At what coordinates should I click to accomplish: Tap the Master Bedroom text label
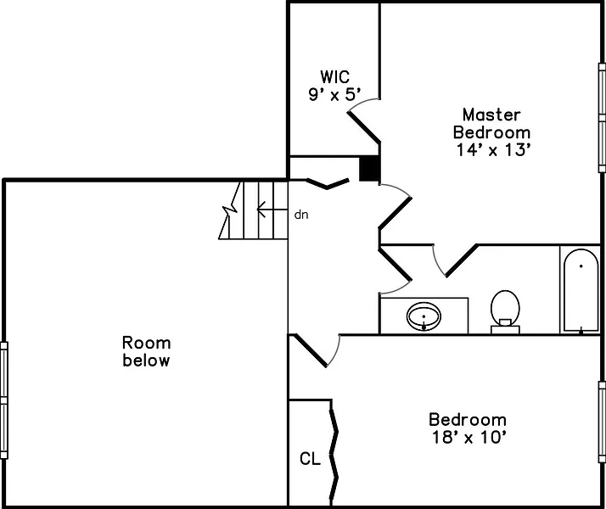491,123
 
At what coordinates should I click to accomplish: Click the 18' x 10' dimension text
468,438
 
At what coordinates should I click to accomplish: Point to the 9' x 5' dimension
334,94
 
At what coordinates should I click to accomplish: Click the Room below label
146,351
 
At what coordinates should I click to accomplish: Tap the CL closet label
310,459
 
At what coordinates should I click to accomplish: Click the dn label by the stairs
300,215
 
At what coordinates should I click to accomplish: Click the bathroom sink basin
424,317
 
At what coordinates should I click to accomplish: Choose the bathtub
581,290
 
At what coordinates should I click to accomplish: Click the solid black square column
369,169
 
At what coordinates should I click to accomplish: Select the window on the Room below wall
4,400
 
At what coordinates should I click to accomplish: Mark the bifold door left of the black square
327,182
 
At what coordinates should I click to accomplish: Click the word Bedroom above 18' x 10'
468,420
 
